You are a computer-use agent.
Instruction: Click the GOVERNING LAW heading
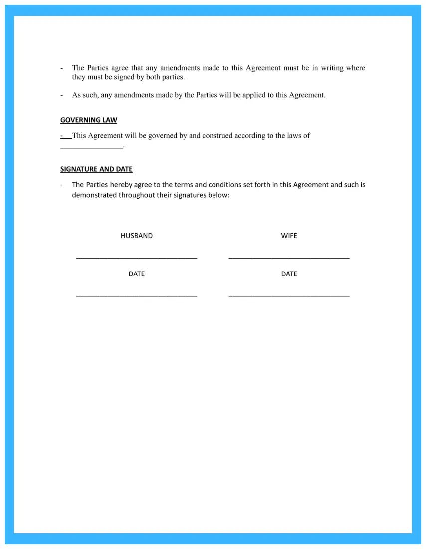(89, 120)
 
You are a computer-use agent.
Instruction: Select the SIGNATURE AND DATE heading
(96, 169)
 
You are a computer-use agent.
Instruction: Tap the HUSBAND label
(136, 236)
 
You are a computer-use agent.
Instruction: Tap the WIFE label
(289, 236)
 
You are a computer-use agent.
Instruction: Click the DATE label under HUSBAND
(136, 274)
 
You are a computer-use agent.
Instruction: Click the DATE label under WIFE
(289, 274)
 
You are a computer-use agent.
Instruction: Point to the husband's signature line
(136, 258)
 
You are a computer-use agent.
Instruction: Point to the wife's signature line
(289, 258)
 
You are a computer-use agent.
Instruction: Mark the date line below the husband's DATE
(136, 296)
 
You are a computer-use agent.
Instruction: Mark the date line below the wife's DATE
(289, 296)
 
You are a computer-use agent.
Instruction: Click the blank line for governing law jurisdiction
(91, 147)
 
